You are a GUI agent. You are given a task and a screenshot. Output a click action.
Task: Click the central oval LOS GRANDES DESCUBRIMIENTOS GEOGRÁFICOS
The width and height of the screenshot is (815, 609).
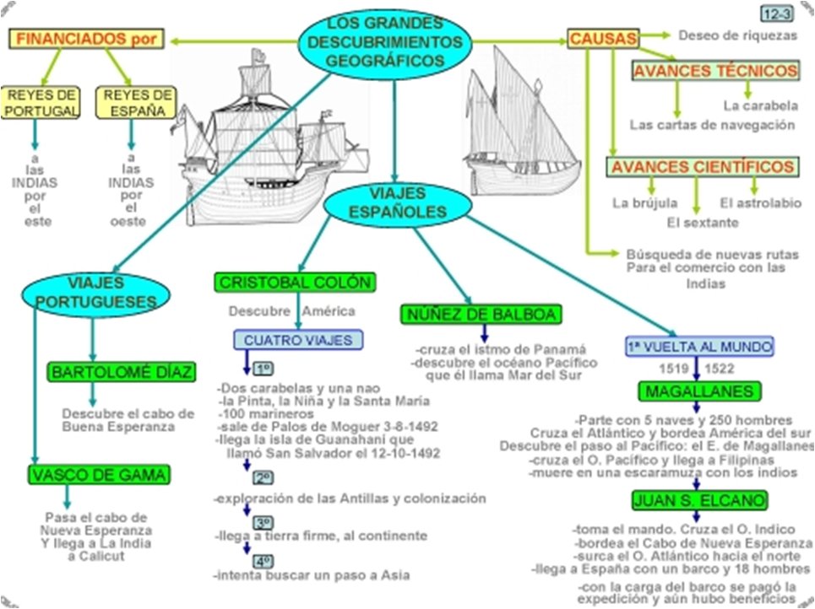pyautogui.click(x=384, y=40)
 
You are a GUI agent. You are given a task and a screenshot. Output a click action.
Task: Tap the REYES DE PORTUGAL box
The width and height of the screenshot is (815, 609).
pyautogui.click(x=40, y=102)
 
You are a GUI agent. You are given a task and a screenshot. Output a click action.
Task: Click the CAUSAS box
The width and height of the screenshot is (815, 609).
pyautogui.click(x=604, y=38)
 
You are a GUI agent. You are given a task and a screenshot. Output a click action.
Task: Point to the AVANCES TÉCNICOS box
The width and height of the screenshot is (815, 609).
pyautogui.click(x=714, y=71)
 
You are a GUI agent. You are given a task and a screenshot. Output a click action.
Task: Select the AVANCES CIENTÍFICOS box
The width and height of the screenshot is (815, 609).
pyautogui.click(x=702, y=167)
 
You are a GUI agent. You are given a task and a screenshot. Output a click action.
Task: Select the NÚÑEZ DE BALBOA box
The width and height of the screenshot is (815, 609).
pyautogui.click(x=480, y=315)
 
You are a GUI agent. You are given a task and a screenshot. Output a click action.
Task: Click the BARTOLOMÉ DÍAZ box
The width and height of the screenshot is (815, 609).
pyautogui.click(x=122, y=372)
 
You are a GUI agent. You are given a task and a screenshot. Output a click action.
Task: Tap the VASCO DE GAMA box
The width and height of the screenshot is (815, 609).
pyautogui.click(x=98, y=474)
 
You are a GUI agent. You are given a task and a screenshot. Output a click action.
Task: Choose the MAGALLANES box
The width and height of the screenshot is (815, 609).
pyautogui.click(x=698, y=391)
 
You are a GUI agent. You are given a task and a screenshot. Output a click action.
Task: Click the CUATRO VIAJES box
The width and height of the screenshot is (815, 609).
pyautogui.click(x=298, y=340)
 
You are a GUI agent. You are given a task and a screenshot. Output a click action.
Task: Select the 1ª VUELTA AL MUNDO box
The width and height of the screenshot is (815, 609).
pyautogui.click(x=699, y=347)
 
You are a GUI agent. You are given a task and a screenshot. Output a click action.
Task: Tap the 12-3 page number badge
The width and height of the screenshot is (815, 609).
pyautogui.click(x=775, y=13)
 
